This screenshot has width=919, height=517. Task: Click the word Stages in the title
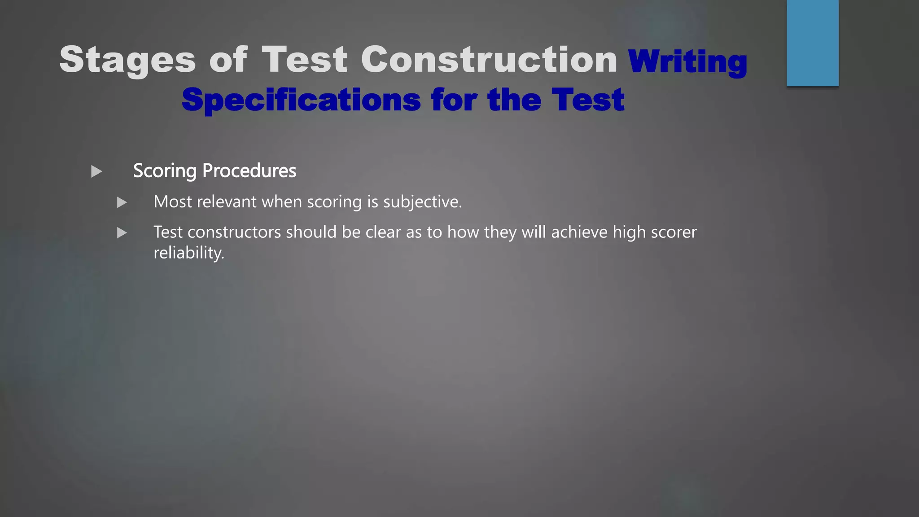click(127, 60)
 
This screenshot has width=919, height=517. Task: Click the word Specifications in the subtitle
click(301, 100)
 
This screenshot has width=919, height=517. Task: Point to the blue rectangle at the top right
click(812, 43)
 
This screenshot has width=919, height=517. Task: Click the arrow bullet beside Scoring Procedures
click(96, 171)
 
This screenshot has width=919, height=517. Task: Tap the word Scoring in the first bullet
click(165, 171)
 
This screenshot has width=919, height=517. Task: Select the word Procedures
click(249, 171)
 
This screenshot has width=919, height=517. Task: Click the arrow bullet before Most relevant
click(122, 202)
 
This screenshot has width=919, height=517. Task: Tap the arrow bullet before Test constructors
click(122, 233)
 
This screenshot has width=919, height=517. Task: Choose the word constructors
click(234, 232)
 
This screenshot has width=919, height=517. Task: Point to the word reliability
click(188, 253)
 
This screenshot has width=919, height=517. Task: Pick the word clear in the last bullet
click(383, 232)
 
